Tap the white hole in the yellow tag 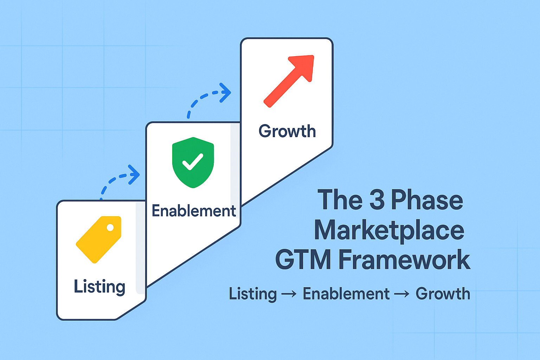pos(110,227)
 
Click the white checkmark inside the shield pos(193,162)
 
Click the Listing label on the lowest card pos(99,287)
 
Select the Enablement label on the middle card pos(194,211)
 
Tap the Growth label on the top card pos(287,131)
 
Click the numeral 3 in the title pos(377,200)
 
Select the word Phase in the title pos(427,200)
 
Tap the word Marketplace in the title pos(389,231)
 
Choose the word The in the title pos(340,200)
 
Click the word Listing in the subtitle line pos(253,294)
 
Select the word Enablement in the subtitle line pos(346,294)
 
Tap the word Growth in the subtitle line pos(443,294)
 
